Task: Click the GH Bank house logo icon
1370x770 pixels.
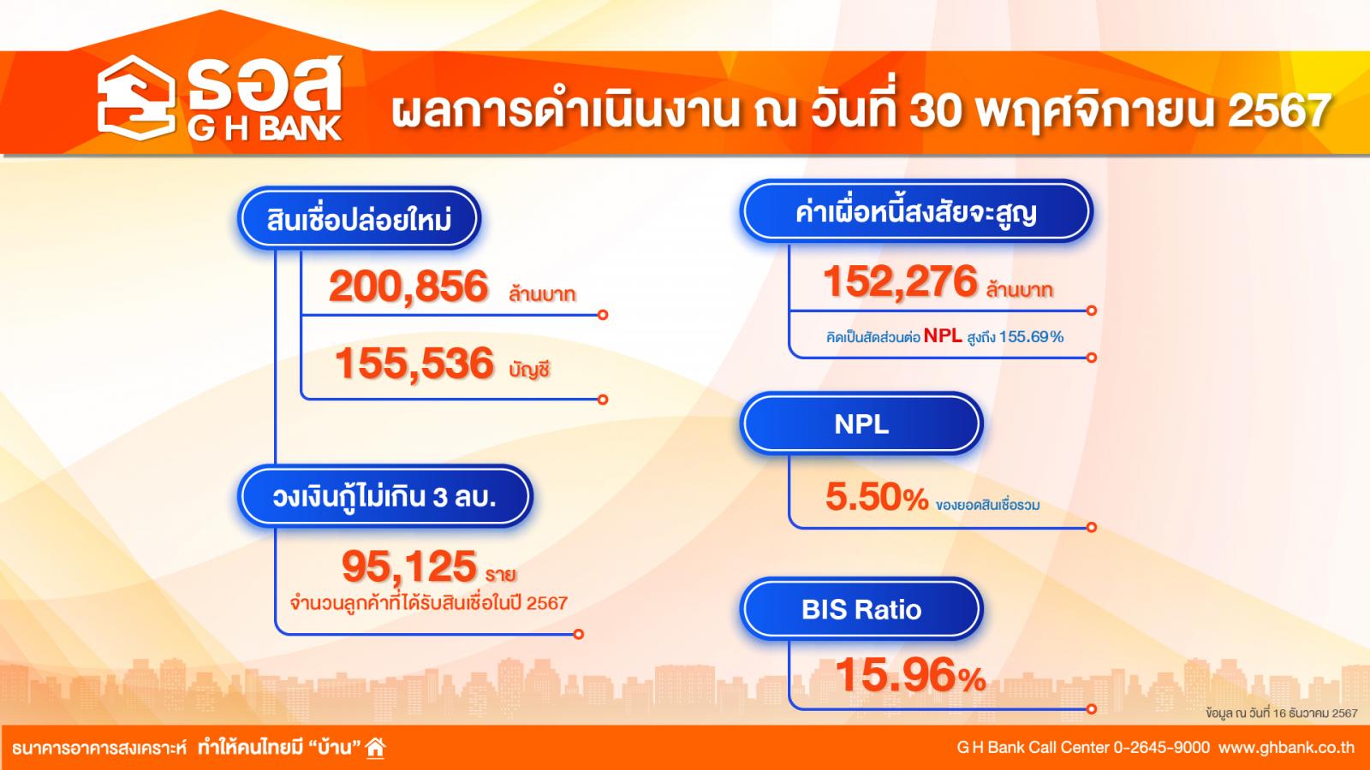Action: [x=136, y=98]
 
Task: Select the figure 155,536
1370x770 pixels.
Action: [x=414, y=363]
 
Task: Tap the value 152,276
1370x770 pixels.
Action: [x=900, y=281]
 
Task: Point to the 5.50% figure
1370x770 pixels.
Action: [x=877, y=497]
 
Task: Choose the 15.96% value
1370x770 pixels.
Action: [x=910, y=675]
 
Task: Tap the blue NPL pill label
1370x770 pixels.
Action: [x=861, y=423]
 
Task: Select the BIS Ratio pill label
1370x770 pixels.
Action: [x=861, y=609]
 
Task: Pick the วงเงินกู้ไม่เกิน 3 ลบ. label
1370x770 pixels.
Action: [x=384, y=497]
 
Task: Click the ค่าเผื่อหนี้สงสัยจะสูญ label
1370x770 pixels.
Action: [x=916, y=212]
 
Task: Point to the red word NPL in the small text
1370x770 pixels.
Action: [x=943, y=335]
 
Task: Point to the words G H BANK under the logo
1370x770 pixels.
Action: [x=265, y=128]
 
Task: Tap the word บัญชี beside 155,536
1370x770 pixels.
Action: [x=530, y=370]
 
